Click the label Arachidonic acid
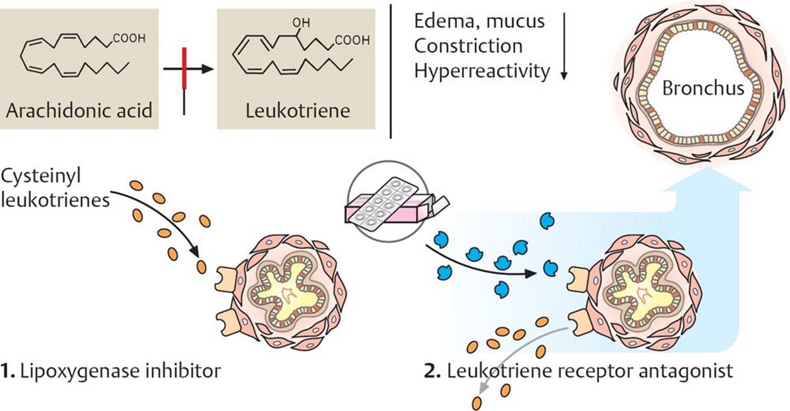pos(78,111)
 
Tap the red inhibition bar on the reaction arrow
pos(183,69)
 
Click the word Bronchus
pos(703,88)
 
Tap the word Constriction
pos(468,46)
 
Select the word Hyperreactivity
pos(482,71)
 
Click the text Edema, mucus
pos(478,21)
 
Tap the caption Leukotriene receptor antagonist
pos(590,371)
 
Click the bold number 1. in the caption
pos(10,371)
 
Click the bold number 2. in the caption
pos(433,371)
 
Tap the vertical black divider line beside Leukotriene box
pos(391,69)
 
